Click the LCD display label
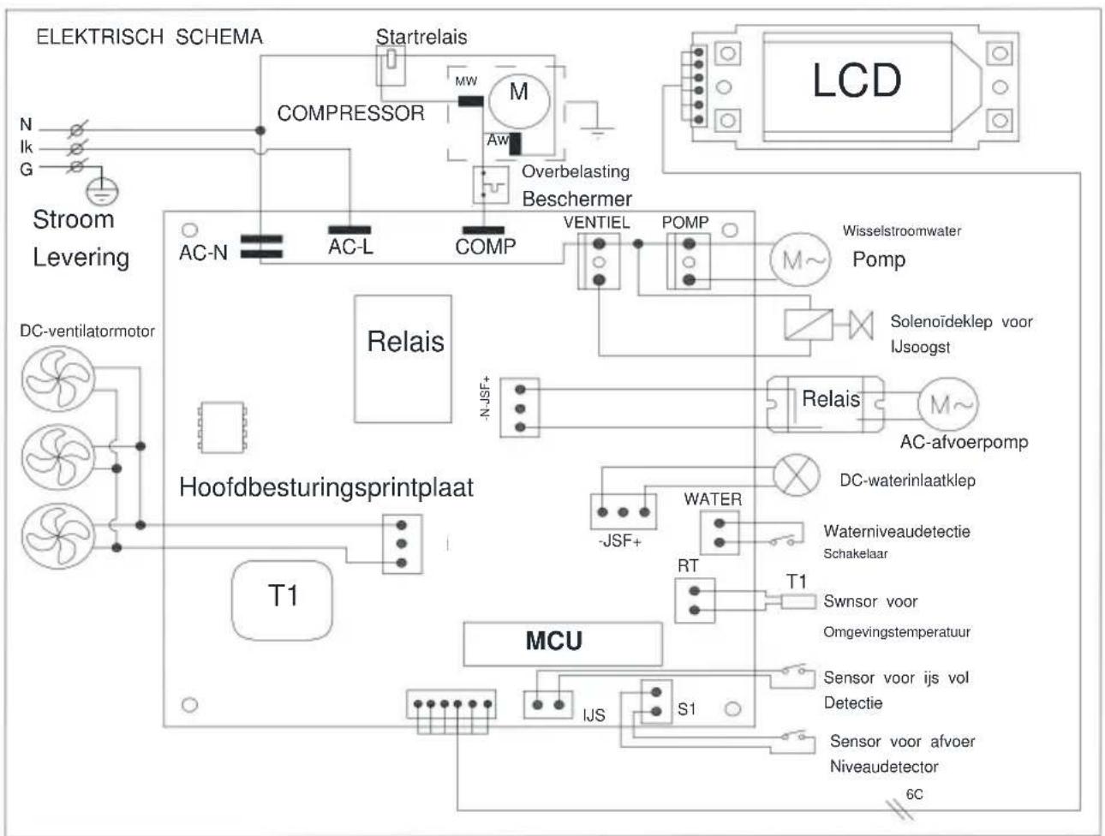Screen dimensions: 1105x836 857,81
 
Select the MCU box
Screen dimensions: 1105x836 562,644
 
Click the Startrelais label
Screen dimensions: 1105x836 421,37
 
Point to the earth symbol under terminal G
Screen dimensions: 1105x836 102,192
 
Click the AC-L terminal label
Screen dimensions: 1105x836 350,247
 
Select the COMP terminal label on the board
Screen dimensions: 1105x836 486,247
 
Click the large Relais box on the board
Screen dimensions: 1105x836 403,359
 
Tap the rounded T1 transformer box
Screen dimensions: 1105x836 282,600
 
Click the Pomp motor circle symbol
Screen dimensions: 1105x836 800,260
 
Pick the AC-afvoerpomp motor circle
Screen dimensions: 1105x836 948,404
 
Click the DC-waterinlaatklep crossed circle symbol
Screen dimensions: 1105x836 796,475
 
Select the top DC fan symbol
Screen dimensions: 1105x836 58,379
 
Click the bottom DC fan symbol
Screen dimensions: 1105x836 58,536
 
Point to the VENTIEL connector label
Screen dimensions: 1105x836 596,223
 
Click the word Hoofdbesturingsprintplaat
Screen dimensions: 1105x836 326,487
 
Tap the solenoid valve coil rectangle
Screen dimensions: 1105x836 809,325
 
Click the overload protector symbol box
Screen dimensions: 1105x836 490,185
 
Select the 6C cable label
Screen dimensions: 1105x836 914,794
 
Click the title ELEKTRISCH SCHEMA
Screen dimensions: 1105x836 150,37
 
